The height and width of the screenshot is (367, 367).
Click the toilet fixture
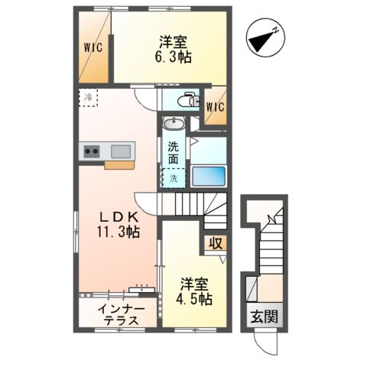(x=188, y=100)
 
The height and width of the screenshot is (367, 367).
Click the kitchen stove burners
(x=92, y=151)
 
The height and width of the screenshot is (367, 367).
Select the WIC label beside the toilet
(x=215, y=107)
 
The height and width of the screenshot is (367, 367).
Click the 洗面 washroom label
(x=174, y=153)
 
